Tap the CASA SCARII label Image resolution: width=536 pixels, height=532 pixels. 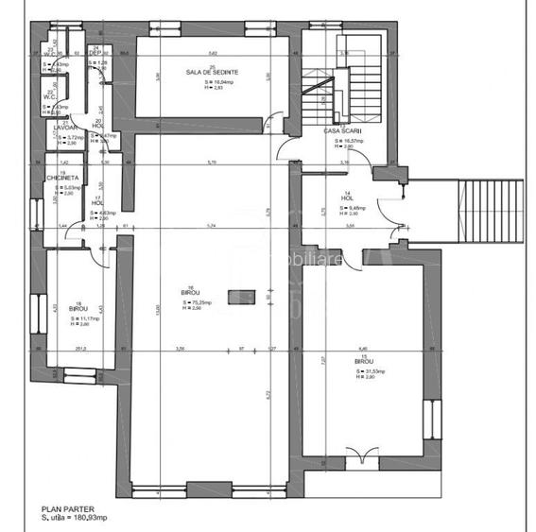[x=344, y=131]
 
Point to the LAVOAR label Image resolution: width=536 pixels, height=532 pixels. [x=64, y=127]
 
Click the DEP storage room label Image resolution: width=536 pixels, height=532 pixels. [x=95, y=52]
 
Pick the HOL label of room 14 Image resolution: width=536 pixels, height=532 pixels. [x=347, y=198]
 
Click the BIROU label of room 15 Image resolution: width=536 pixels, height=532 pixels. [x=364, y=362]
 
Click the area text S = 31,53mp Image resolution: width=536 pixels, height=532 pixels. [x=364, y=370]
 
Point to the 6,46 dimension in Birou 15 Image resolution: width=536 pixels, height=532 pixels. [x=365, y=348]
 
